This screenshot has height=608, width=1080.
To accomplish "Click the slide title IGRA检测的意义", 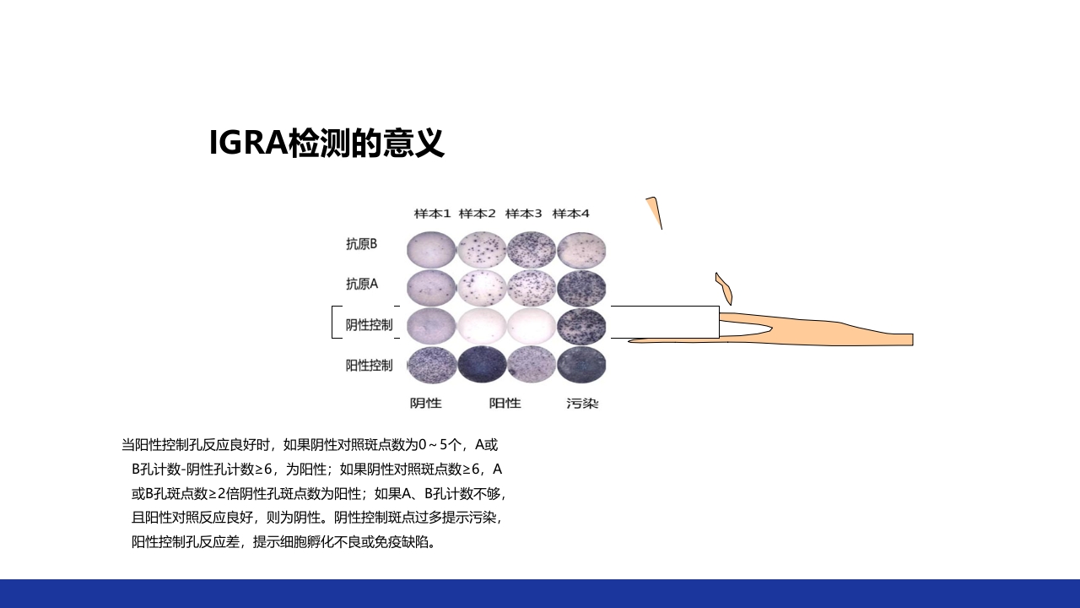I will pos(327,144).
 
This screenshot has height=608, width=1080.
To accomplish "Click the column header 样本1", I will pos(432,214).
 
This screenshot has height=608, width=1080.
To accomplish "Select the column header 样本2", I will pos(478,214).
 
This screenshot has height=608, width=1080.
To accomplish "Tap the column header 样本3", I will pos(524,214).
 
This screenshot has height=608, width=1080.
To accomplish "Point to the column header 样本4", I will pos(570,214).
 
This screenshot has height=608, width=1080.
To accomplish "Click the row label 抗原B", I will pos(361,244).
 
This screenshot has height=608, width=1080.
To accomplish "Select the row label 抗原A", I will pos(361,284).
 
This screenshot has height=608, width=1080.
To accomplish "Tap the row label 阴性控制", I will pos(369,324).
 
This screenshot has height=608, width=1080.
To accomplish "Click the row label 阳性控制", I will pos(369,365).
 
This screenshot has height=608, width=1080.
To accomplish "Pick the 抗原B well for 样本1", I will pos(431,249).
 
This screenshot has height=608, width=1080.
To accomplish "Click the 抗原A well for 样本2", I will pos(482,288).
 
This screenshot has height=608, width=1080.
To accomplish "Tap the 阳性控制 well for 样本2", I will pos(482,365).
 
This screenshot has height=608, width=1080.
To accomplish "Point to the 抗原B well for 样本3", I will pos(532,249).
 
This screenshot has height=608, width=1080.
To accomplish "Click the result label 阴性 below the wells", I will pos(426,403).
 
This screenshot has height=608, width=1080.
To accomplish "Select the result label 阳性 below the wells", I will pos(505,403).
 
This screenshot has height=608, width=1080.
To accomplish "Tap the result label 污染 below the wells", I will pos(582,403).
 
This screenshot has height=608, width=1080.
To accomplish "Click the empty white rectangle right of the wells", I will pos(665,322).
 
